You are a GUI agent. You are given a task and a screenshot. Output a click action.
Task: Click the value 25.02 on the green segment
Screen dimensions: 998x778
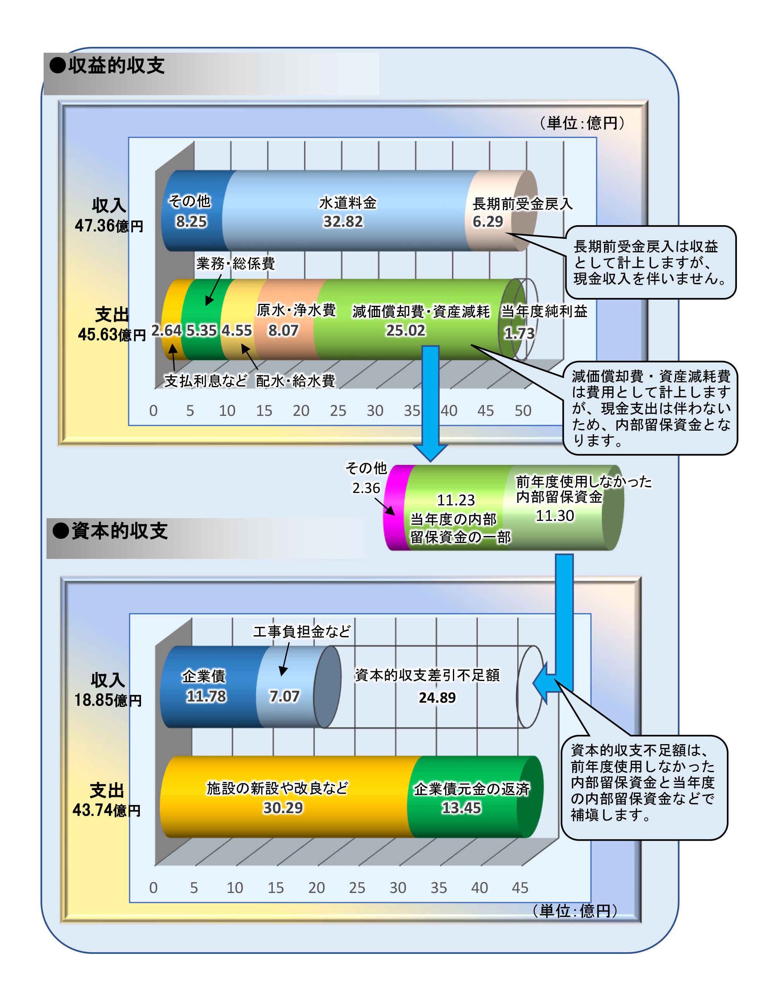(405, 330)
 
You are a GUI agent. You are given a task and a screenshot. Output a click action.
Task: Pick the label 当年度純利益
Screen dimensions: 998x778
(544, 311)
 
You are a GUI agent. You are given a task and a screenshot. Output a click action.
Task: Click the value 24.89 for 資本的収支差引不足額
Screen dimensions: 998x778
(437, 698)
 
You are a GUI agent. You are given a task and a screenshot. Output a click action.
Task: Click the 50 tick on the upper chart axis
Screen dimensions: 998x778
(523, 410)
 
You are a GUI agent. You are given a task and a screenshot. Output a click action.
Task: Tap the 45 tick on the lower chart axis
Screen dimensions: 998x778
(520, 888)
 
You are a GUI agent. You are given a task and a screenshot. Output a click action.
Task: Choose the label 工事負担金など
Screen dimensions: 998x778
(301, 631)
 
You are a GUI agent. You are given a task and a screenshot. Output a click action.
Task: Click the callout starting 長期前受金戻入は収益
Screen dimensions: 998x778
(650, 262)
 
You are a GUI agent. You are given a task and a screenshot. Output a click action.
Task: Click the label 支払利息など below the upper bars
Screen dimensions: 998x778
(206, 381)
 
